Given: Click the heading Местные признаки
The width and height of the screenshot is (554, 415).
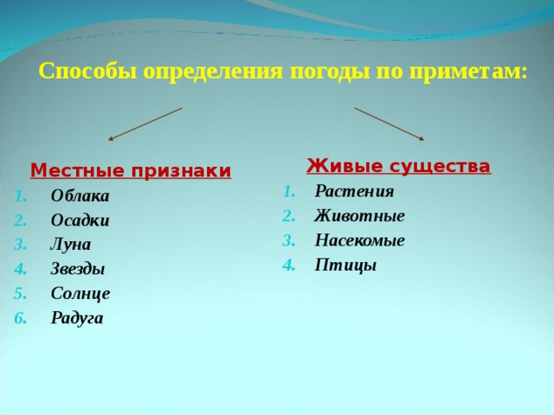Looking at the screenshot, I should coord(131,170).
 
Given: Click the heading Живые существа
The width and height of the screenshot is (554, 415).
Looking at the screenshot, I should coord(399,166).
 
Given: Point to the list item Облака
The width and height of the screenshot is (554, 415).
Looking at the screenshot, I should coord(80,195).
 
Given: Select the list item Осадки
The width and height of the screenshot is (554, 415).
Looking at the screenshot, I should coord(80,220).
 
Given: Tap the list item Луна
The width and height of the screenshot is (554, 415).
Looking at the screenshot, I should coord(70,244).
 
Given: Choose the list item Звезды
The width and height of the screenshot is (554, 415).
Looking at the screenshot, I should coord(78,269).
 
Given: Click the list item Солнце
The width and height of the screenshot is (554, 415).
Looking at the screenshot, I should coord(81,293).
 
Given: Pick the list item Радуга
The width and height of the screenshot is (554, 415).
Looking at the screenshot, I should coord(77,317).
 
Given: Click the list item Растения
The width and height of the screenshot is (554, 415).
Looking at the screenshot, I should coord(354,191).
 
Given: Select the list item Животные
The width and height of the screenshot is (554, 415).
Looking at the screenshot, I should coord(359,215).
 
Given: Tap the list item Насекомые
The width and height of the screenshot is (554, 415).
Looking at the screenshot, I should coord(359,240).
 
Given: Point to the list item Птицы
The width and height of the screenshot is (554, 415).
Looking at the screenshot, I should coord(345,265).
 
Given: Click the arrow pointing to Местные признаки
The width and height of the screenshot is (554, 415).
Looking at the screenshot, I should coord(145,123).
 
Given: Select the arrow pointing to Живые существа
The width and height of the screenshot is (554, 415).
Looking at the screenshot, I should coord(390,123).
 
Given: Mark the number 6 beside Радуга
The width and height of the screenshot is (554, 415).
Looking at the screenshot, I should coord(19,317).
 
